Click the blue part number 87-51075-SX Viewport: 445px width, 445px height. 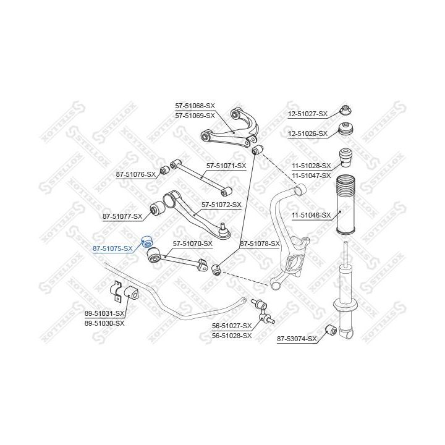point(112,248)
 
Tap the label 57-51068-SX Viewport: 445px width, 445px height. point(195,106)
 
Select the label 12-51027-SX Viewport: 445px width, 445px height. point(308,114)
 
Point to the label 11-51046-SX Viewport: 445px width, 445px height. point(311,215)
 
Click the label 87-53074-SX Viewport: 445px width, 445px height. point(297,339)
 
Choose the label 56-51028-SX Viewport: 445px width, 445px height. point(232,336)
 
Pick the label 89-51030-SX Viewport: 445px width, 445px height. point(104,323)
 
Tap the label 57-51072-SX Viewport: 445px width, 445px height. point(221,205)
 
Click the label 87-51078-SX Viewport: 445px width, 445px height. point(260,244)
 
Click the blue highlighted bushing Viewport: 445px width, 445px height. point(147,242)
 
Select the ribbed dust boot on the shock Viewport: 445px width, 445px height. point(345,205)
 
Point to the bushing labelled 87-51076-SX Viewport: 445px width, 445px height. point(164,171)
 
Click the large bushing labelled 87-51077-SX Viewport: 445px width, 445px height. point(157,209)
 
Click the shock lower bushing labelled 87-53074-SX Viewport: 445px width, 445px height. point(331,329)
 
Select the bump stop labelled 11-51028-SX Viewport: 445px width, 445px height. point(347,158)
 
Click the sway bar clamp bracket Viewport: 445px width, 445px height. point(116,292)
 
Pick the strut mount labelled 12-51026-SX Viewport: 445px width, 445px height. point(346,130)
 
